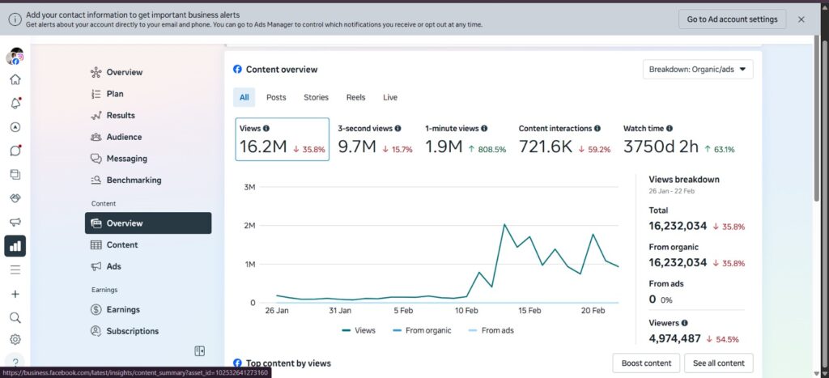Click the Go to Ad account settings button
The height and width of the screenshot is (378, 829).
[x=732, y=19]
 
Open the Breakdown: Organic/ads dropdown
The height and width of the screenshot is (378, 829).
[x=698, y=70]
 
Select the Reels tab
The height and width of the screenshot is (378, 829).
[x=356, y=97]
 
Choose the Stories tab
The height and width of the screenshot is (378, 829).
[x=316, y=97]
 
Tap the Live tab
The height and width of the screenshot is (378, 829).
[x=390, y=97]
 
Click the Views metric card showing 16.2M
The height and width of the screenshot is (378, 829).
[x=283, y=139]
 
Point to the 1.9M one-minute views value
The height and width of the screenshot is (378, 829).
[x=444, y=147]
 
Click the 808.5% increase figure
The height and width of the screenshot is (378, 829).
[x=487, y=150]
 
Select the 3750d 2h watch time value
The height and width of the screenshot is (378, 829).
[x=661, y=147]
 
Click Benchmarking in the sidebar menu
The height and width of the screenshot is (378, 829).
[x=134, y=181]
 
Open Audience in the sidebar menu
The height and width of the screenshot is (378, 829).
[x=124, y=137]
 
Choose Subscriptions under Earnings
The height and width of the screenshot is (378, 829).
[x=132, y=332]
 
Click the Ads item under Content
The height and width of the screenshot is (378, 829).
[x=113, y=266]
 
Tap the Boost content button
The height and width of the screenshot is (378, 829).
[x=646, y=363]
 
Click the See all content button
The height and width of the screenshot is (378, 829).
[x=719, y=363]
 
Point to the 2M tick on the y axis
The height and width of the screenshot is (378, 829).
[x=249, y=226]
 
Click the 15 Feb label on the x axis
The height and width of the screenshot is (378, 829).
[x=529, y=311]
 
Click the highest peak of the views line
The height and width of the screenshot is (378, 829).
[x=504, y=225]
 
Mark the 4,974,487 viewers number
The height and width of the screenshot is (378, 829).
[x=674, y=338]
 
